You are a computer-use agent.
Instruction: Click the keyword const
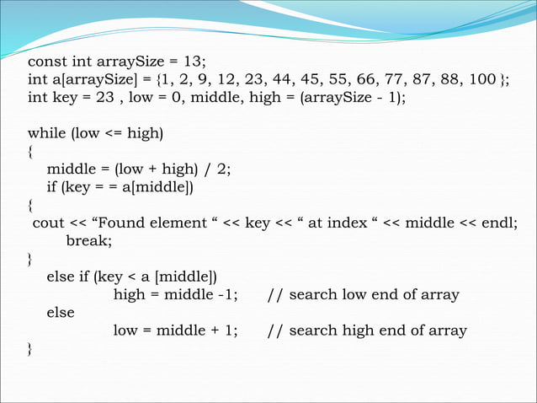tap(47, 62)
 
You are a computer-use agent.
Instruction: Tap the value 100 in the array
tap(482, 80)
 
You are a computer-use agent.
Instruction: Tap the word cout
tap(48, 222)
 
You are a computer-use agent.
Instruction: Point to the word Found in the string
tap(131, 222)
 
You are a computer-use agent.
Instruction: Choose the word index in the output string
tap(346, 222)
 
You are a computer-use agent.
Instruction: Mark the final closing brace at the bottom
tap(31, 348)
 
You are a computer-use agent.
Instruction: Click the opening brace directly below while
tap(31, 153)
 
